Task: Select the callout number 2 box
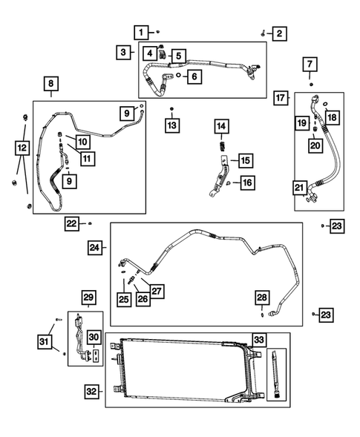pos(279,33)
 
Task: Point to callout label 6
pos(193,76)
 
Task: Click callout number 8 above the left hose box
pos(51,85)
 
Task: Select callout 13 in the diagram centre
pos(172,125)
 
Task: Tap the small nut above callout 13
pos(172,110)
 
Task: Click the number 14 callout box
pos(221,128)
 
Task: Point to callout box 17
pos(281,98)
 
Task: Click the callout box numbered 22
pos(71,223)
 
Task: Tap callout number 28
pos(263,297)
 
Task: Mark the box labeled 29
pos(88,298)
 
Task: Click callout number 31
pos(44,341)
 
